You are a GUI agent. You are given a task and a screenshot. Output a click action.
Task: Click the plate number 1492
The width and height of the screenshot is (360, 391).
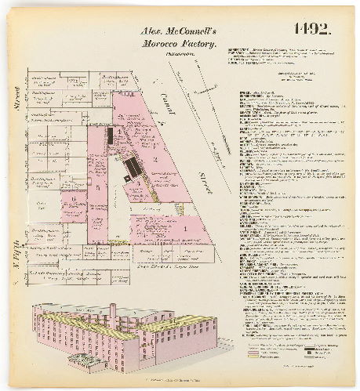314,31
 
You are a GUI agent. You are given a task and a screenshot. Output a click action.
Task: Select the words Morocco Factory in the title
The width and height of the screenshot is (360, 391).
177,45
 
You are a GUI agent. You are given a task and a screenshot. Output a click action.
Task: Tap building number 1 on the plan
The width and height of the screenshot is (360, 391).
184,228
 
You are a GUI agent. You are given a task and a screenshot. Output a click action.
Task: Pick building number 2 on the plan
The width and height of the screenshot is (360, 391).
156,159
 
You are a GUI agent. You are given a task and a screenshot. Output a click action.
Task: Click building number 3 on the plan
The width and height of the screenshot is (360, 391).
139,182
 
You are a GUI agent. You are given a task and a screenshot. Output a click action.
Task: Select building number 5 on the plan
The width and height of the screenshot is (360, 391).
97,188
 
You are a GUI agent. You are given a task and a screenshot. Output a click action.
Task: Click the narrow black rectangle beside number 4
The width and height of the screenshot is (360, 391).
110,136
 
